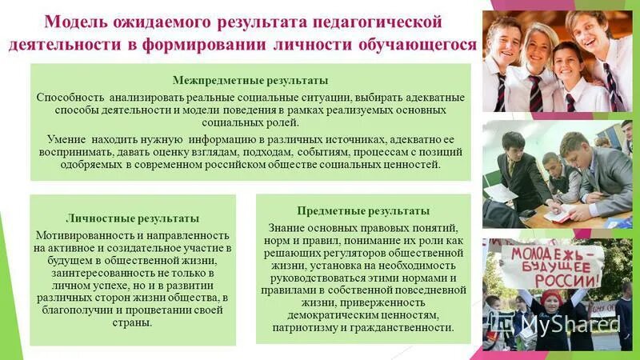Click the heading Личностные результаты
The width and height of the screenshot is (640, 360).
pos(133,218)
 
